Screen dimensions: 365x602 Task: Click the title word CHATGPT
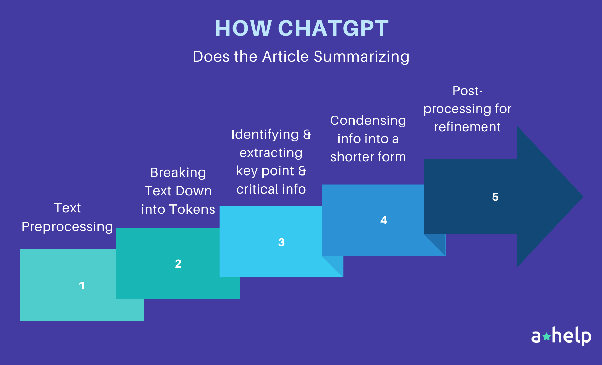(x=333, y=28)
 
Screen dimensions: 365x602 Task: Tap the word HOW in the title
(x=243, y=28)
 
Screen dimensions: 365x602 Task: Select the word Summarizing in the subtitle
(x=361, y=57)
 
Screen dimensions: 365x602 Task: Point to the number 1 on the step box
(x=82, y=286)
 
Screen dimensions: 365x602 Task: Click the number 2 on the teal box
(x=178, y=264)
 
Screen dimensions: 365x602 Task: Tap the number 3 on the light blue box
(x=281, y=242)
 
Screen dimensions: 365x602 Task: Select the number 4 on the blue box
(x=384, y=220)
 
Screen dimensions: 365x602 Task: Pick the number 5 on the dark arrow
(x=495, y=197)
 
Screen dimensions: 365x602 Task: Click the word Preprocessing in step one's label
(x=67, y=227)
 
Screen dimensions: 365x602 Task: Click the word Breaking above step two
(x=178, y=173)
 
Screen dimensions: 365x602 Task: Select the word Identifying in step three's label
(x=265, y=135)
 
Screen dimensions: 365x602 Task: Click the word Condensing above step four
(x=368, y=121)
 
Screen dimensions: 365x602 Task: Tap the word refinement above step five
(x=467, y=127)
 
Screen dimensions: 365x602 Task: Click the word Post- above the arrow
(x=467, y=91)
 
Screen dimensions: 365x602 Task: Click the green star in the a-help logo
(x=546, y=337)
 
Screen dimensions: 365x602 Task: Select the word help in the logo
(x=572, y=336)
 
